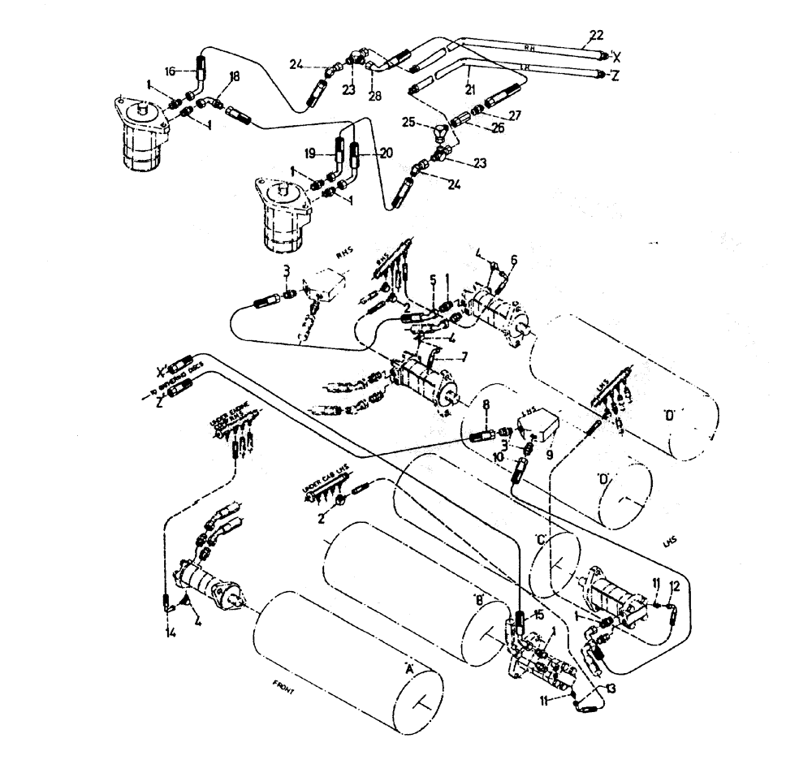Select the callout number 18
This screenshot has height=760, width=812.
212,76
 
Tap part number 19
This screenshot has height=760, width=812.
310,152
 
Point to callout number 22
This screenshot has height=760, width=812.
596,35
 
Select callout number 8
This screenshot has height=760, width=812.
486,403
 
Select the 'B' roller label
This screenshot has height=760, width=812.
479,598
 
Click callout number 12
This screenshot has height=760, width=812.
673,585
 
